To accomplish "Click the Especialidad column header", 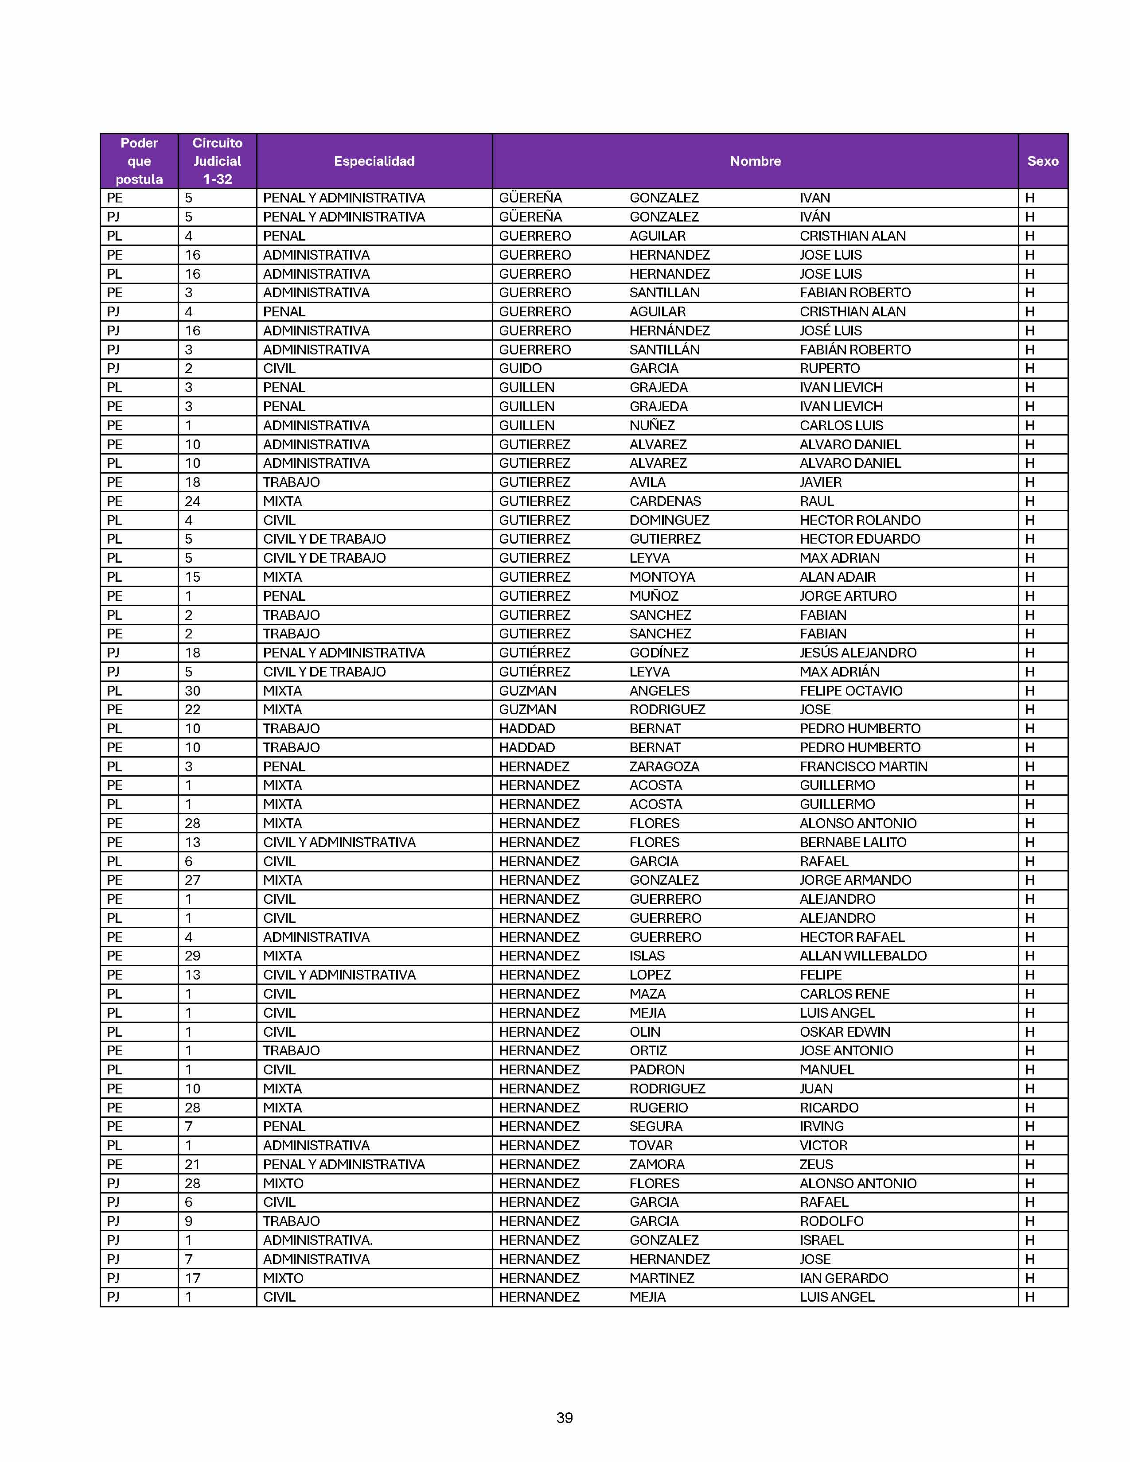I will pos(374,161).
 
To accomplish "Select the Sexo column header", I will pos(1042,161).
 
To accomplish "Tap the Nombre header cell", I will pos(755,161).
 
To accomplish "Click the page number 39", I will pos(564,1417).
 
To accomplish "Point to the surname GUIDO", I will pos(520,368).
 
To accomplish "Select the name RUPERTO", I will pos(830,368).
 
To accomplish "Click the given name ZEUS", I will pos(816,1164).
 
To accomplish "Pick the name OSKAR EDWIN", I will pos(845,1031).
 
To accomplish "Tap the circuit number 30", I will pos(192,691).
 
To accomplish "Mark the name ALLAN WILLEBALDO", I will pos(863,956).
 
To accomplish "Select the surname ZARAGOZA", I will pos(664,766).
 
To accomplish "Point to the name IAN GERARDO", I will pos(843,1278).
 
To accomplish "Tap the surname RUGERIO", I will pos(658,1107).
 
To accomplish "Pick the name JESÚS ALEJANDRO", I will pos(857,653).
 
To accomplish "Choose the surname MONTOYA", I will pos(662,577).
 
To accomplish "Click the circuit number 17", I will pos(192,1278).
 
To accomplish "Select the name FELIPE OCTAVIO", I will pos(851,691).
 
